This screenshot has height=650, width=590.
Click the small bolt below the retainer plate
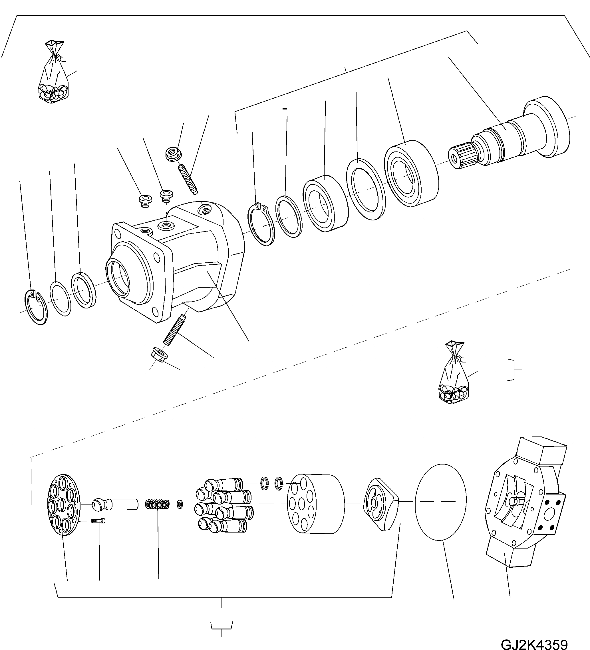pyautogui.click(x=98, y=521)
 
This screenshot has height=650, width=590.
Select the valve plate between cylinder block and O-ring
pyautogui.click(x=380, y=504)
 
